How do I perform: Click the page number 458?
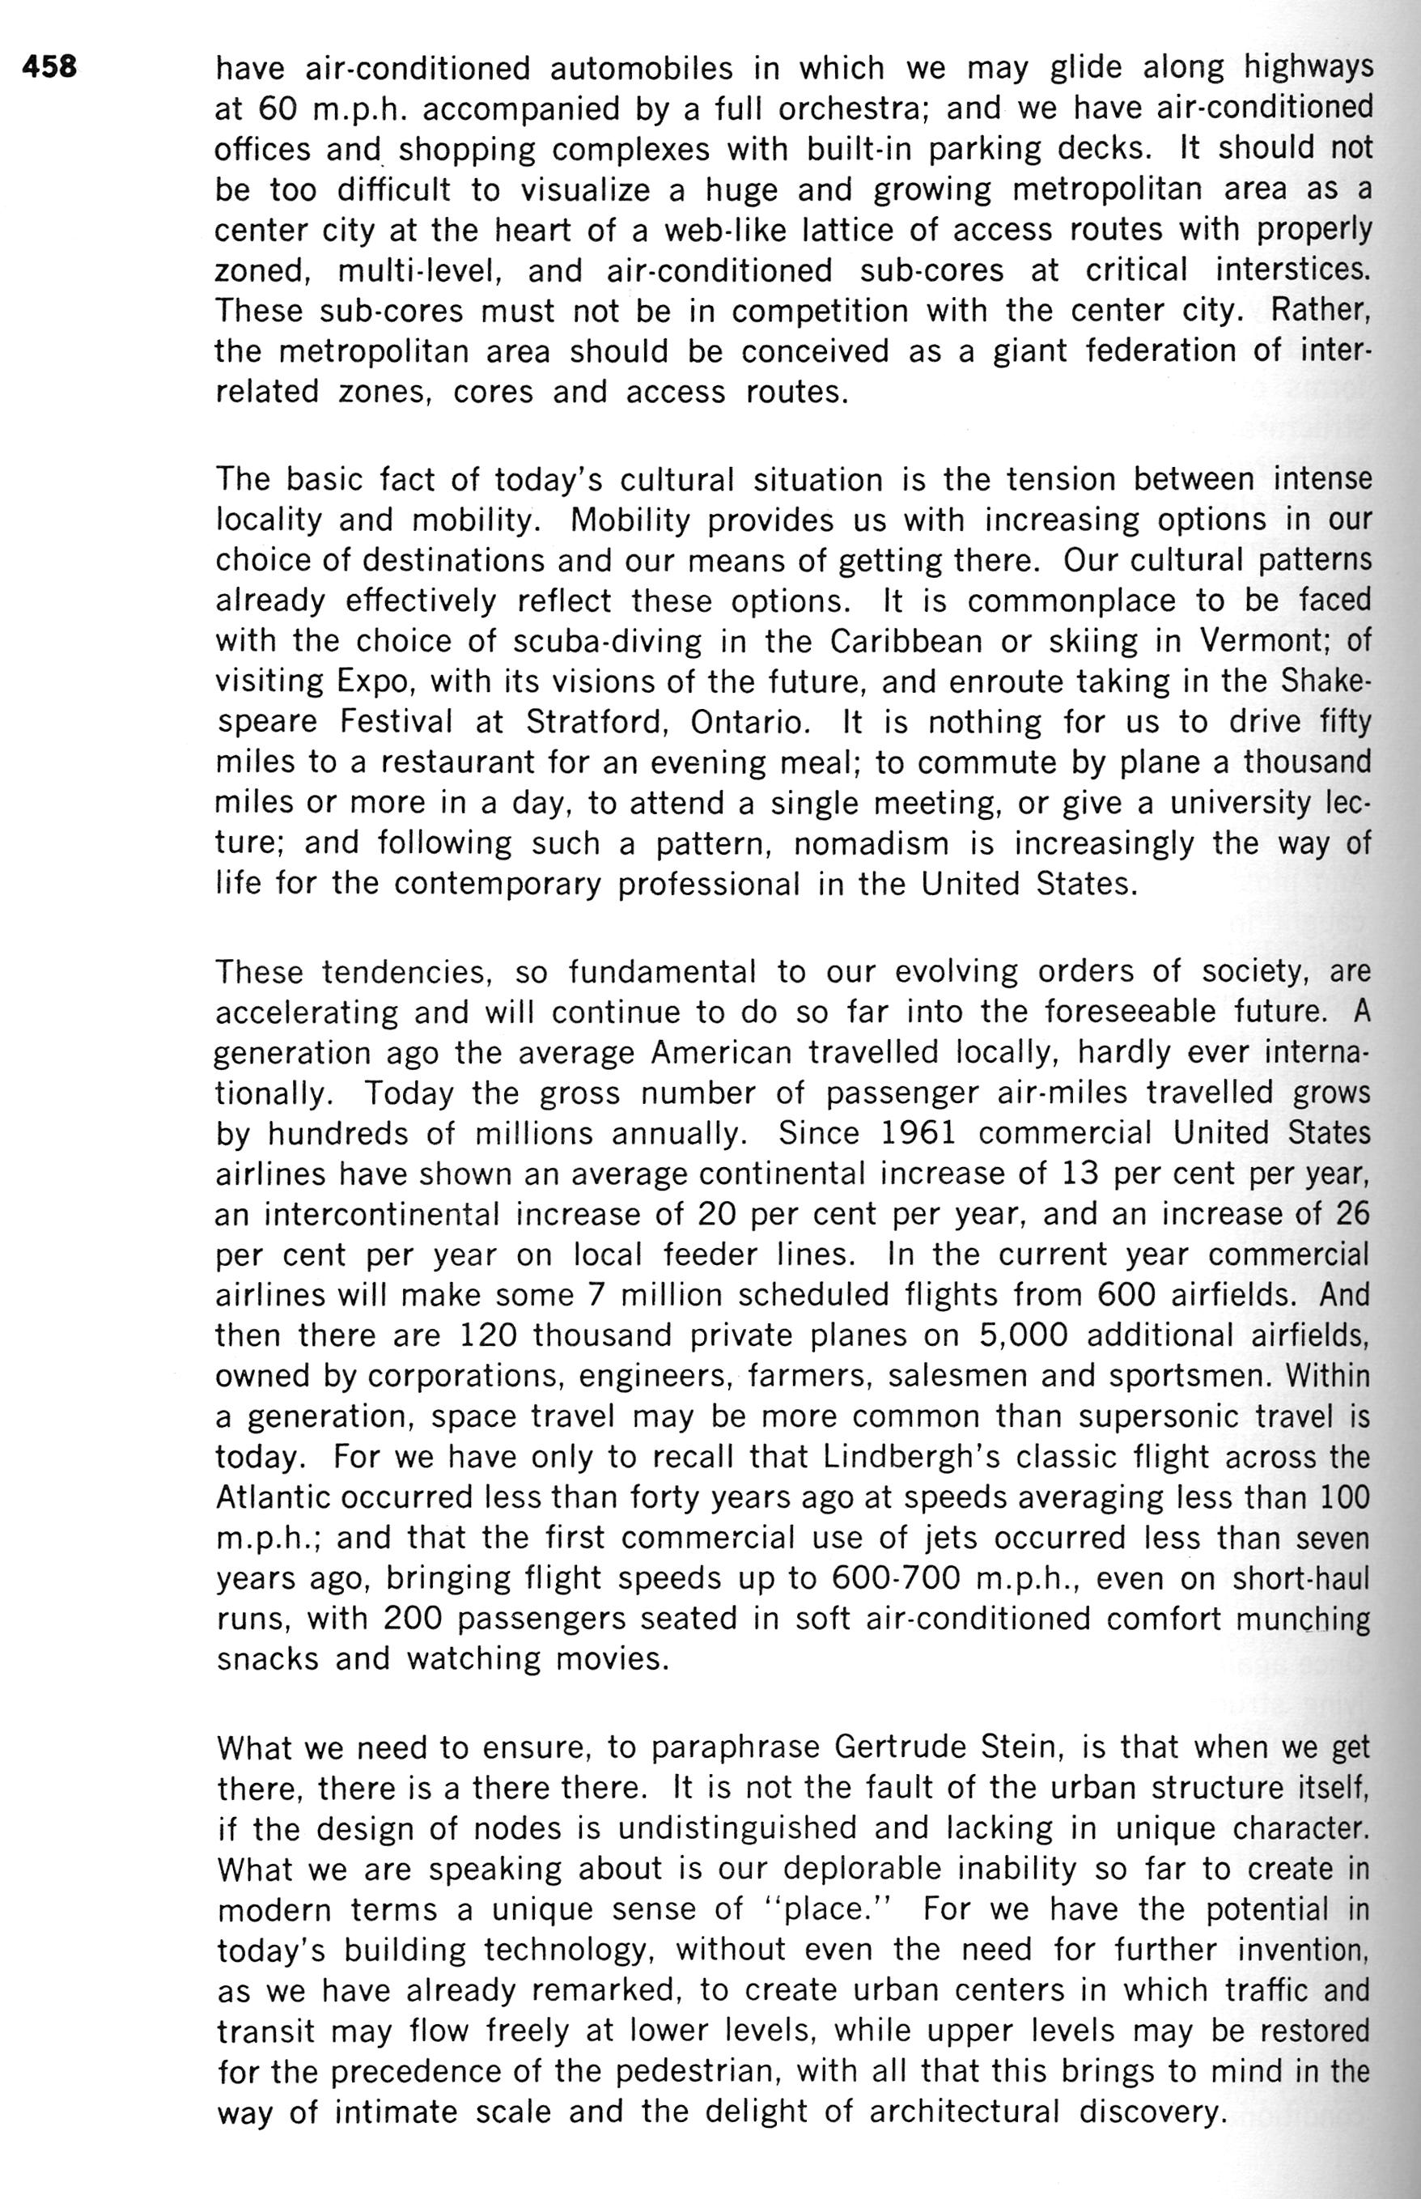[x=52, y=67]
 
